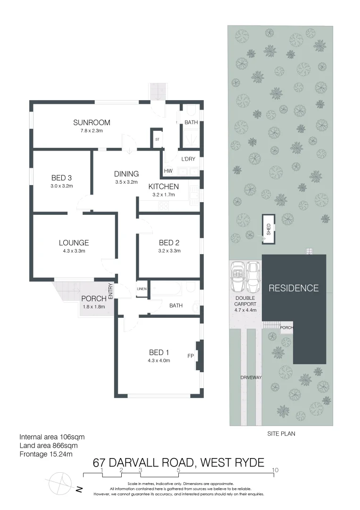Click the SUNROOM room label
tap(92, 123)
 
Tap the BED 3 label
tap(61, 178)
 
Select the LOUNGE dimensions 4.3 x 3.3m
tap(74, 251)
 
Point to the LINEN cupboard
tap(142, 289)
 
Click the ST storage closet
tap(157, 140)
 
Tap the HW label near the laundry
tap(168, 171)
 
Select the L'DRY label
tap(189, 159)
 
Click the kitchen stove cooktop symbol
tap(164, 205)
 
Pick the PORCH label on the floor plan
tap(93, 298)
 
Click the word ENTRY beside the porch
tap(111, 291)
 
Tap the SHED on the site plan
tap(268, 229)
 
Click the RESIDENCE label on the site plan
tap(293, 288)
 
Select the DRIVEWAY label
tap(251, 377)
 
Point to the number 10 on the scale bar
tap(275, 470)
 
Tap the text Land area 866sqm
tap(48, 445)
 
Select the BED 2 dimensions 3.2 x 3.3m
tap(169, 251)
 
